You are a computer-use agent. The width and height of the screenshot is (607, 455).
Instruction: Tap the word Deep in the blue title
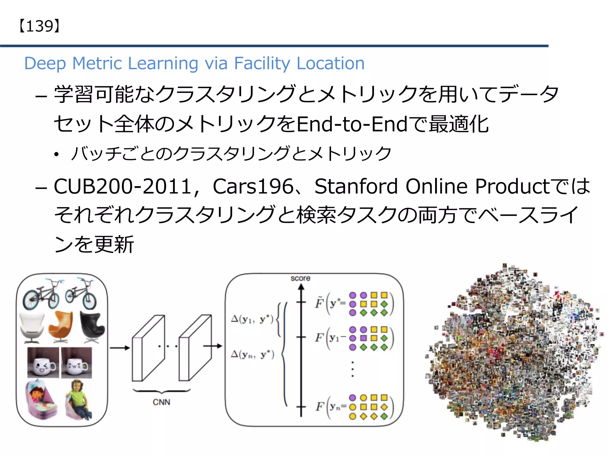tap(45, 63)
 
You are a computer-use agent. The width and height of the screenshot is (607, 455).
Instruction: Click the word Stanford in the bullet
tap(356, 187)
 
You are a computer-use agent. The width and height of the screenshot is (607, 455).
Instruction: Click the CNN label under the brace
tap(162, 402)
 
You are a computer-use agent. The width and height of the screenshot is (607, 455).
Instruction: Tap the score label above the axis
tap(300, 278)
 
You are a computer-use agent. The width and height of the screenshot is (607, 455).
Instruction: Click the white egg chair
tap(32, 327)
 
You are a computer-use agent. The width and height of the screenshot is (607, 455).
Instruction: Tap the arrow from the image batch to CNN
tap(120, 348)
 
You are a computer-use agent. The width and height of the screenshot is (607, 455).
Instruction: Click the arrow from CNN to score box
tap(213, 346)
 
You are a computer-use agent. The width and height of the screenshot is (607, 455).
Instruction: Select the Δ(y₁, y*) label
tap(252, 320)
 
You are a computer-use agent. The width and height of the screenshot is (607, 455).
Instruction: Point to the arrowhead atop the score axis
tap(301, 287)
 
